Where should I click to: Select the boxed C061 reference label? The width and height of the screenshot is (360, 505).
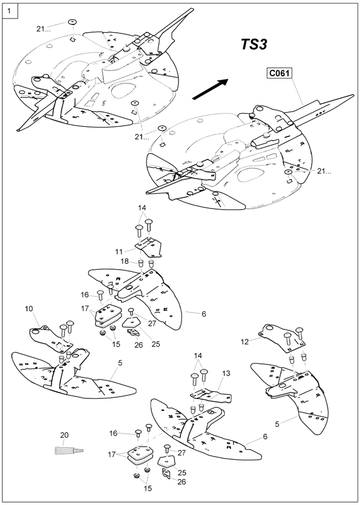pyautogui.click(x=278, y=73)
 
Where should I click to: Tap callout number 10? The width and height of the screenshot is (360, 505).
pyautogui.click(x=29, y=308)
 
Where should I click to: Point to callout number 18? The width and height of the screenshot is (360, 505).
pyautogui.click(x=125, y=260)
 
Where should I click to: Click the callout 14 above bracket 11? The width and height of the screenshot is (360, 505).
pyautogui.click(x=142, y=207)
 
